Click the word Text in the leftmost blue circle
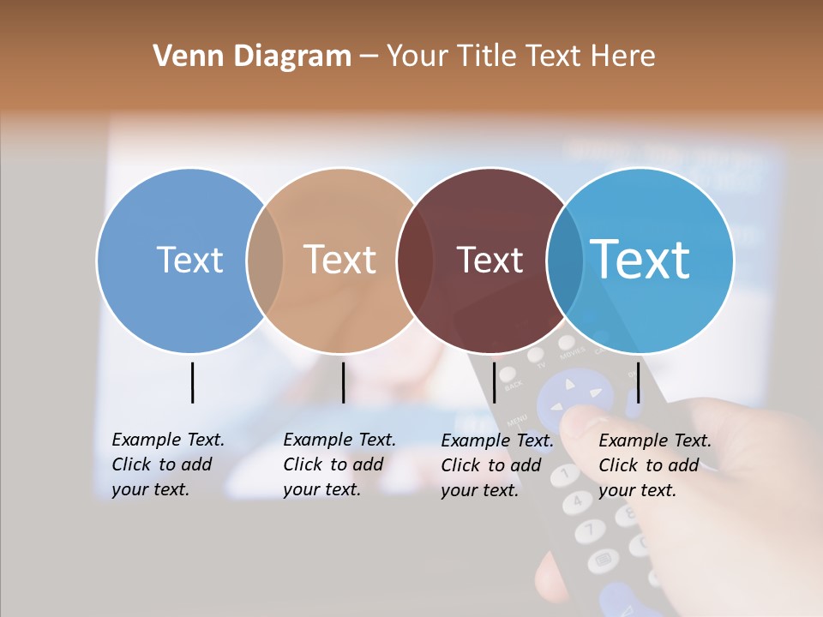189,260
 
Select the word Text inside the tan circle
340,260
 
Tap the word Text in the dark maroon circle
490,260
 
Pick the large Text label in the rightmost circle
640,259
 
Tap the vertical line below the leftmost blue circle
192,382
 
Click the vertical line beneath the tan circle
343,382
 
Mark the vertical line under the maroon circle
494,382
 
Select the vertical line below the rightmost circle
639,382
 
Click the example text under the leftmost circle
167,464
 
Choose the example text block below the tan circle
339,464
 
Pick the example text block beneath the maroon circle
496,465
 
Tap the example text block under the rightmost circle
654,465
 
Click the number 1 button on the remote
566,473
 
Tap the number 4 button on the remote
579,501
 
